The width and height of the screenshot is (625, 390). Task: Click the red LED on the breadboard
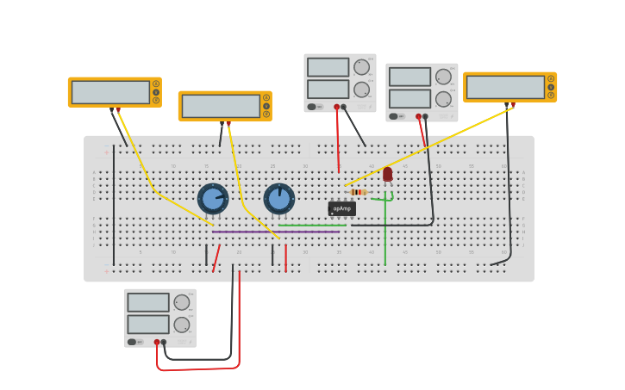387,174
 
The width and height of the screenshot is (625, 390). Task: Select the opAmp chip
341,208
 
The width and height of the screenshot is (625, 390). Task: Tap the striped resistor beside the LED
359,192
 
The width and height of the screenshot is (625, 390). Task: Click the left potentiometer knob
213,199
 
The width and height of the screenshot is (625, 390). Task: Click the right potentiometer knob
278,199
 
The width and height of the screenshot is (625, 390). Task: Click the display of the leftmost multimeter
110,92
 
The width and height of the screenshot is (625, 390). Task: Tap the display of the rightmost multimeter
505,87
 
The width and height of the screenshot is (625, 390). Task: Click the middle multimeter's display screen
221,106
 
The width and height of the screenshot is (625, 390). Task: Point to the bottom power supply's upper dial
182,302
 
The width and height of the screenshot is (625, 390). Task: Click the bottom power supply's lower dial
182,325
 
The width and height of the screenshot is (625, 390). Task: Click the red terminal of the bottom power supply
157,342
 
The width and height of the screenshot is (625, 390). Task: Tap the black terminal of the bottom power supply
164,342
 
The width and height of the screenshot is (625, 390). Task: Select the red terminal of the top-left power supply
336,107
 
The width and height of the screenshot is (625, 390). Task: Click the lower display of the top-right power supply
409,99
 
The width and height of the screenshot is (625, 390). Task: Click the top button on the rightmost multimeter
551,78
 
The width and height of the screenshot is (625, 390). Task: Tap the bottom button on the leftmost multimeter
156,100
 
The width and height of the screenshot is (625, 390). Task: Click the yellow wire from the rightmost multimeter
431,146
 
